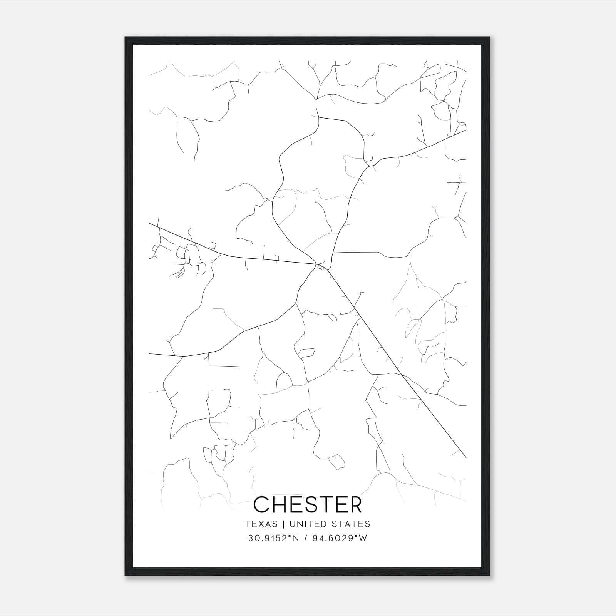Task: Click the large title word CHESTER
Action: [x=308, y=504]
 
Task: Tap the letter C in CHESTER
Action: [x=262, y=504]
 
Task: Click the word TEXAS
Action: [x=261, y=524]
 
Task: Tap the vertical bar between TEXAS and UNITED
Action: [x=283, y=524]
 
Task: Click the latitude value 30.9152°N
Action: [x=273, y=538]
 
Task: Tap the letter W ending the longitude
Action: [x=363, y=538]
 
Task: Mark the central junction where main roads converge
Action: [x=320, y=266]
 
